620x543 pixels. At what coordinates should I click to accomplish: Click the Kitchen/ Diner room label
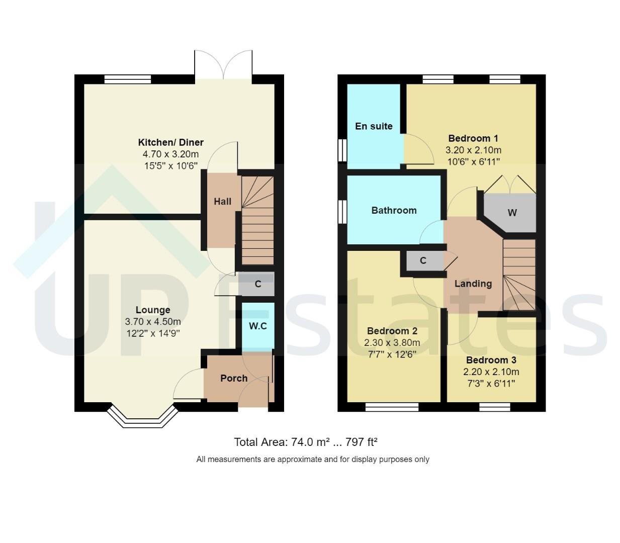pyautogui.click(x=170, y=142)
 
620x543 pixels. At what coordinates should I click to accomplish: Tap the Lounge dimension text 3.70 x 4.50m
pyautogui.click(x=153, y=322)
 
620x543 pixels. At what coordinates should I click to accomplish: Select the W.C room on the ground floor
pyautogui.click(x=258, y=326)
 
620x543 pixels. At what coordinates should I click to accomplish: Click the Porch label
pyautogui.click(x=234, y=378)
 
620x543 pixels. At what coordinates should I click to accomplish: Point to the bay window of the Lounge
pyautogui.click(x=142, y=417)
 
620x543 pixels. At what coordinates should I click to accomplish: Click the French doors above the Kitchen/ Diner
pyautogui.click(x=223, y=65)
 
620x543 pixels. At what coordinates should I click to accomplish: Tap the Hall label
pyautogui.click(x=222, y=201)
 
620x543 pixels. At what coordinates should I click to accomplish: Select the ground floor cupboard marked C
pyautogui.click(x=258, y=284)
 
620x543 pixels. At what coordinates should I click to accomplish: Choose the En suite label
pyautogui.click(x=374, y=126)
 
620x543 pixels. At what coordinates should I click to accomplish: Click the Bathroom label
pyautogui.click(x=394, y=210)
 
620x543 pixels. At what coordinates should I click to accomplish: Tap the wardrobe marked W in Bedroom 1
pyautogui.click(x=512, y=213)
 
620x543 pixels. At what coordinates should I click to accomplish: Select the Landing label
pyautogui.click(x=473, y=284)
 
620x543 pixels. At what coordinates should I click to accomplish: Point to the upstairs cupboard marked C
pyautogui.click(x=423, y=260)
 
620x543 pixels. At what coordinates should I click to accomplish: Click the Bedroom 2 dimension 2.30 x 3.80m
pyautogui.click(x=392, y=343)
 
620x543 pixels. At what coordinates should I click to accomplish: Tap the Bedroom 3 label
pyautogui.click(x=491, y=360)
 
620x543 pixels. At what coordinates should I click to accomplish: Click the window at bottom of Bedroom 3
pyautogui.click(x=495, y=407)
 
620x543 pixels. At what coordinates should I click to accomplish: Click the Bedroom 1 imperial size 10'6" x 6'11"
pyautogui.click(x=473, y=161)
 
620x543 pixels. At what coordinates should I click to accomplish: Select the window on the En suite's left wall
pyautogui.click(x=342, y=149)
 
